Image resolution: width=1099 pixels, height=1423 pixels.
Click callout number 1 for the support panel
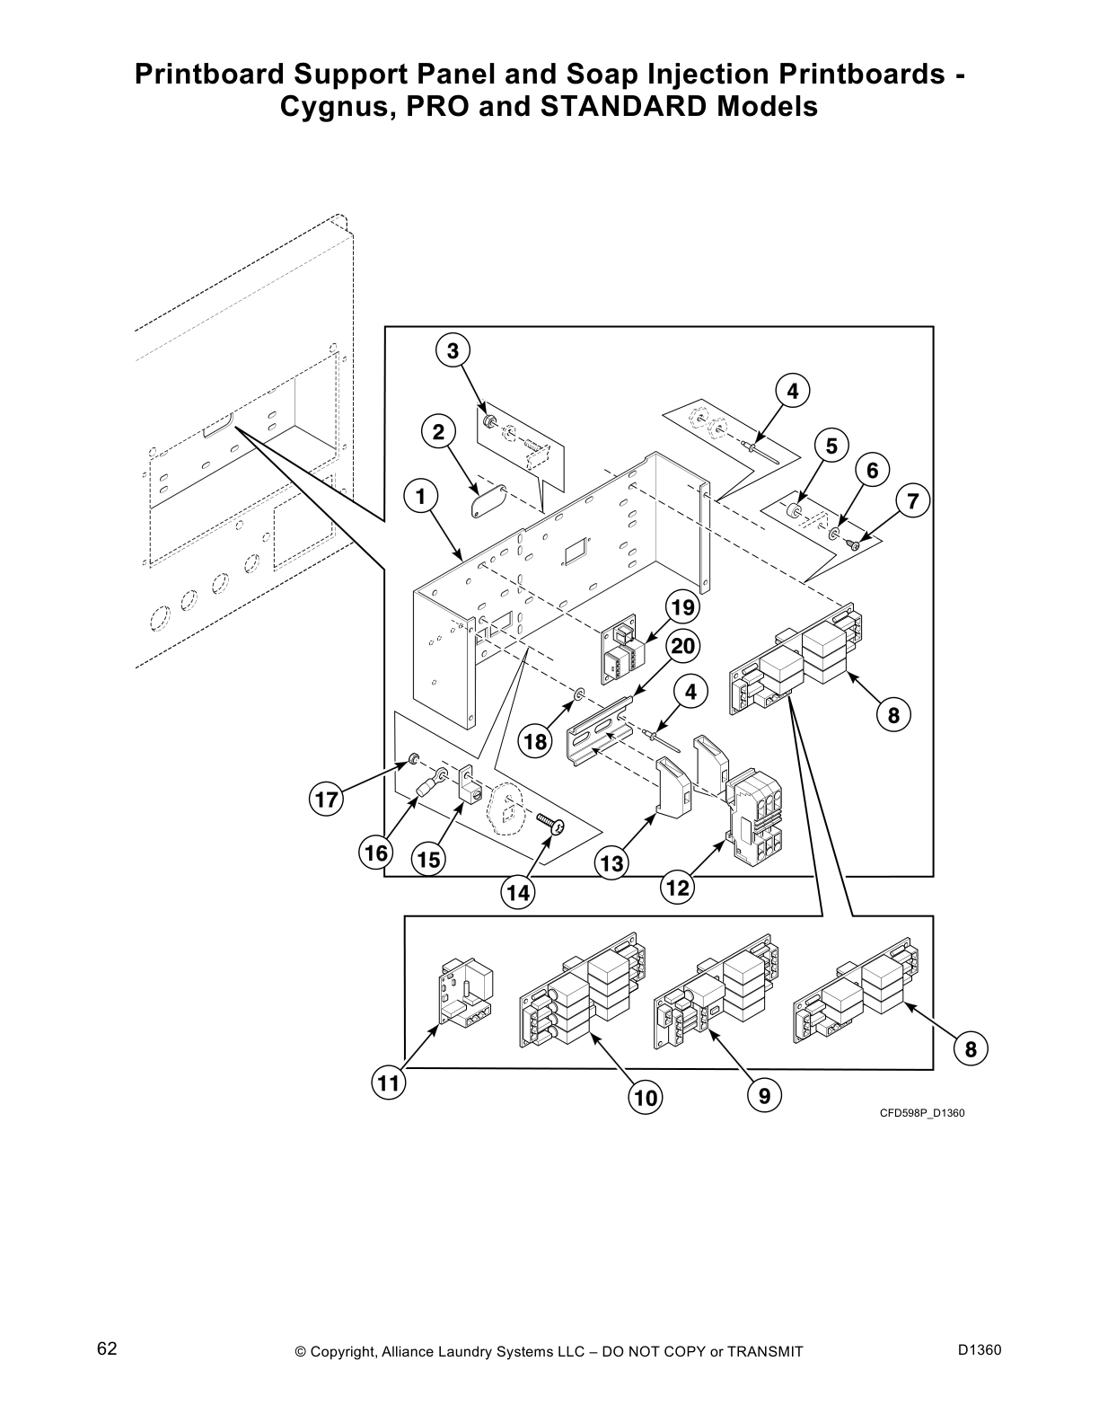420,496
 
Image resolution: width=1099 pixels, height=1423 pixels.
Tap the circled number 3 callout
453,350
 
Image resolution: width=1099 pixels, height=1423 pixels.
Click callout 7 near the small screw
913,501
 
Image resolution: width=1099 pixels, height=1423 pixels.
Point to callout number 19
682,607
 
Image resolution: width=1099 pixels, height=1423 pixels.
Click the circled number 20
682,646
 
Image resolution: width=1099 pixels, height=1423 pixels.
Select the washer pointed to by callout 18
579,694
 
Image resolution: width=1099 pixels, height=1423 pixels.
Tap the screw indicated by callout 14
550,823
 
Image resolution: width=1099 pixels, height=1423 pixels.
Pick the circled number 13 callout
611,864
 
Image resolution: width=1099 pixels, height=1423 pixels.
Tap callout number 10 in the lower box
646,1097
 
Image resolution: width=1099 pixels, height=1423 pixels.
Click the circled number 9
764,1095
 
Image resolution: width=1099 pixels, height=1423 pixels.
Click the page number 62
107,1348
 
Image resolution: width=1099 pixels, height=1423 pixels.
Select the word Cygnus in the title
330,107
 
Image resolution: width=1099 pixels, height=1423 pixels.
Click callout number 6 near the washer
872,469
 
